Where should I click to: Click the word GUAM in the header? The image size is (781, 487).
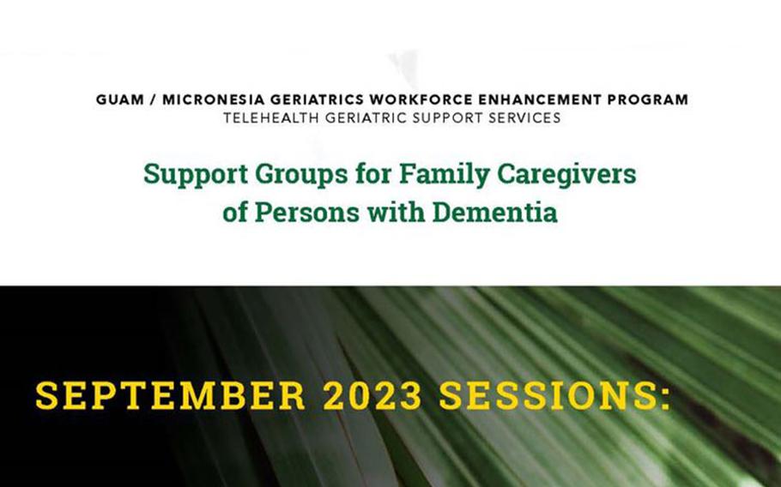[x=120, y=99]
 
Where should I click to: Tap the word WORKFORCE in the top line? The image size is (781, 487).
[x=421, y=99]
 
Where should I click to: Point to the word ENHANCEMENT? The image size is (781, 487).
[x=540, y=99]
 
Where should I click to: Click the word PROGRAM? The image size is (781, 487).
[x=647, y=99]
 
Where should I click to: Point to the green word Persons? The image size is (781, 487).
[x=307, y=213]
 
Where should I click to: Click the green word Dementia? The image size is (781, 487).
[x=494, y=212]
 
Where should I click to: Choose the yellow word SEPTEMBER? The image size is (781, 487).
[x=170, y=396]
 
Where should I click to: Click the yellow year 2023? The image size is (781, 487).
[x=372, y=396]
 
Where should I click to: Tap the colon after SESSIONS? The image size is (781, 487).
[x=665, y=399]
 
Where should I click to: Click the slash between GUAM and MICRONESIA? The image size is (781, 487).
[x=154, y=99]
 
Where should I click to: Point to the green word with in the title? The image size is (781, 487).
[x=396, y=212]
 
